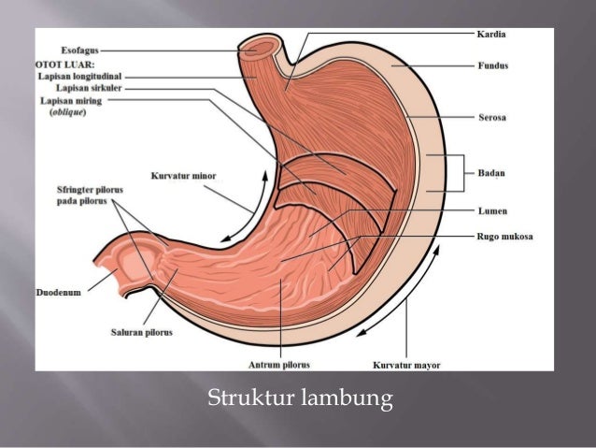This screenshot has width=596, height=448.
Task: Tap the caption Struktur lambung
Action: (x=298, y=400)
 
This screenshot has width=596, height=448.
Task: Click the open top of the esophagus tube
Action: (x=261, y=45)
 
